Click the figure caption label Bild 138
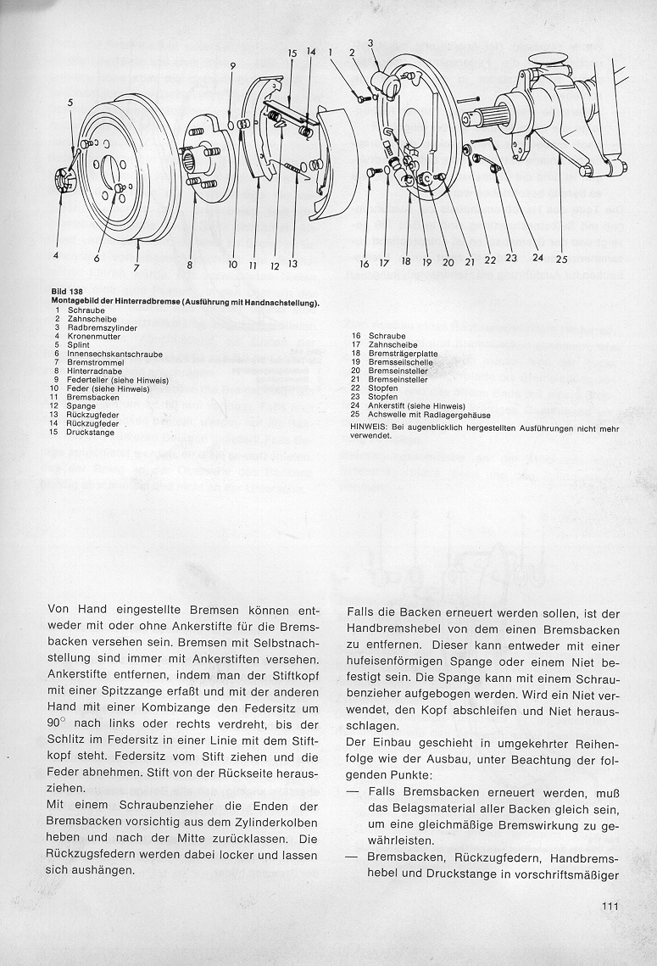(x=66, y=290)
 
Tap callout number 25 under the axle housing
(x=561, y=260)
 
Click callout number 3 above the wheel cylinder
(x=370, y=42)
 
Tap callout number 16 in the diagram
(x=364, y=264)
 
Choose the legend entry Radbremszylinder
(x=97, y=327)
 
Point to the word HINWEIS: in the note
(x=368, y=428)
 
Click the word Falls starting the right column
(x=364, y=611)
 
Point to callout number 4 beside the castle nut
(x=56, y=254)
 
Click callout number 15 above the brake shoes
(x=292, y=53)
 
